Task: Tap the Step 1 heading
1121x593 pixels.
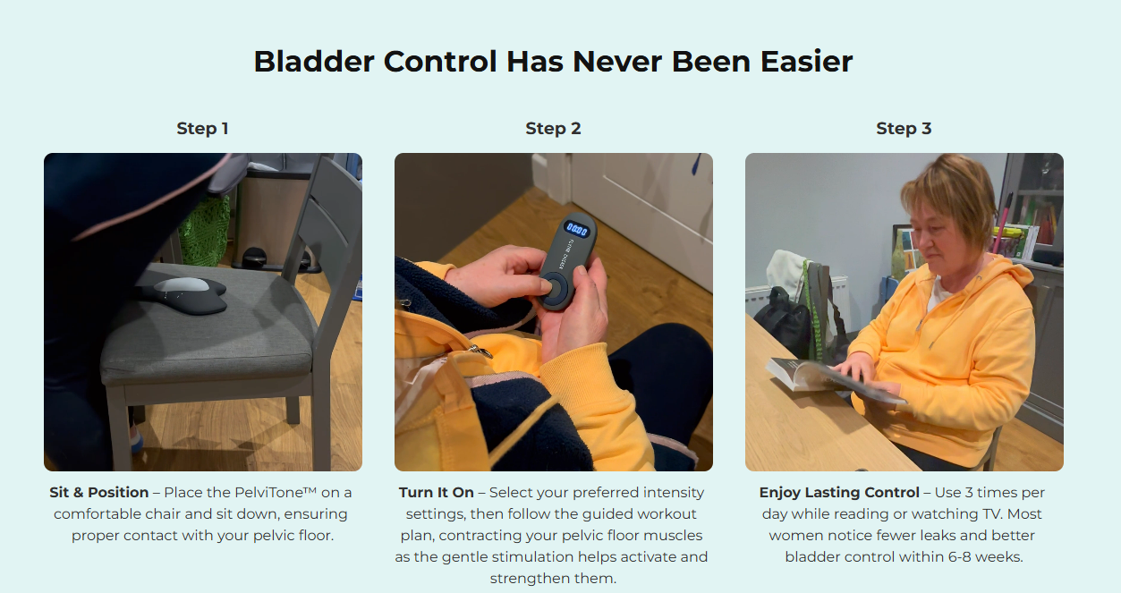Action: tap(203, 129)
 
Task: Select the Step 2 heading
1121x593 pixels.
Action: tap(553, 129)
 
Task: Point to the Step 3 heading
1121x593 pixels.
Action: tap(904, 129)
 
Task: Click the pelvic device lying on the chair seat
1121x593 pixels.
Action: tap(183, 294)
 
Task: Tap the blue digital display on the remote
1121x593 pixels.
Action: tap(577, 230)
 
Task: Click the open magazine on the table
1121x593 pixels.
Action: tap(831, 381)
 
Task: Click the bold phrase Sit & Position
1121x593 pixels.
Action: tap(98, 493)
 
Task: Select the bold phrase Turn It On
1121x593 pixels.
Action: tap(436, 493)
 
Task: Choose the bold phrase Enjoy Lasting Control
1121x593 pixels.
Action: tap(839, 493)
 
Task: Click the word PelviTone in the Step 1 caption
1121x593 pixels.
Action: tap(276, 493)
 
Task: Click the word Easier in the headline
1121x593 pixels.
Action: tap(806, 62)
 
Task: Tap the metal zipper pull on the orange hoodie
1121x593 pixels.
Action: tap(480, 351)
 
